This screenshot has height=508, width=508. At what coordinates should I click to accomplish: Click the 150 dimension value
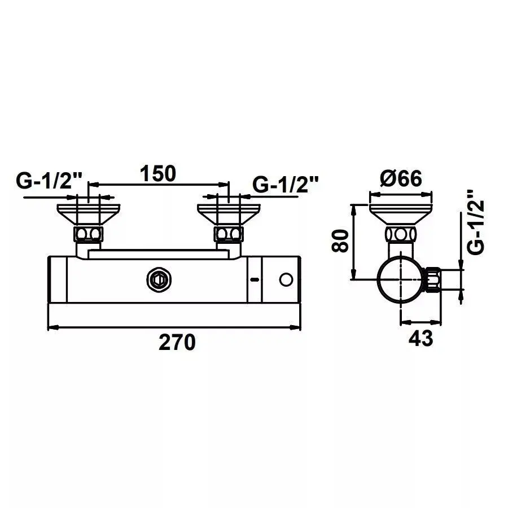(x=158, y=173)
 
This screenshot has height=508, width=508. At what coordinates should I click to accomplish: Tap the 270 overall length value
(x=177, y=342)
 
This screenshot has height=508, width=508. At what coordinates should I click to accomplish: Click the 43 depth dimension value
(x=420, y=338)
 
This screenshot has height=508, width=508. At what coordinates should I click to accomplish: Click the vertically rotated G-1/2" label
(x=476, y=222)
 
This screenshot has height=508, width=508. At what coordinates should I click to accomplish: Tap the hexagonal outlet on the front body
(x=159, y=279)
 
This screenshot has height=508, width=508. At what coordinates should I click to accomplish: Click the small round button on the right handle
(x=286, y=279)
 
